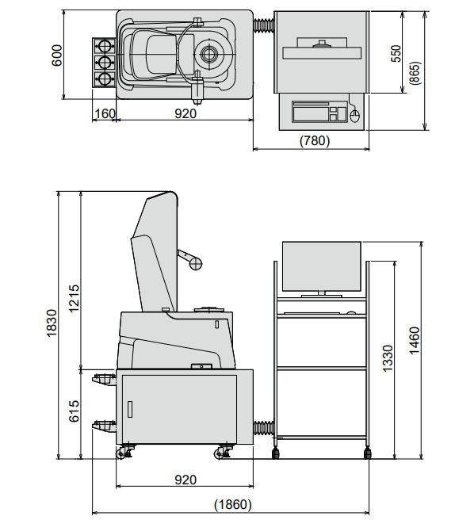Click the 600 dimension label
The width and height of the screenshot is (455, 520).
(x=57, y=55)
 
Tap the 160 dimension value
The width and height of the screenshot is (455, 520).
(x=105, y=114)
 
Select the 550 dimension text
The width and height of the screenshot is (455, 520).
(x=396, y=53)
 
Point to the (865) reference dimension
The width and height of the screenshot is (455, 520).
(x=415, y=73)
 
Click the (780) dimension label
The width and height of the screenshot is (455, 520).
(x=315, y=140)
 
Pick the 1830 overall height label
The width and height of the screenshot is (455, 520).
(x=52, y=323)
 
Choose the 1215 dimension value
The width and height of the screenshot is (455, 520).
(x=74, y=298)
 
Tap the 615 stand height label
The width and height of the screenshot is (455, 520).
(x=74, y=411)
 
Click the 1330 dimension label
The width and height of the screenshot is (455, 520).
(x=388, y=358)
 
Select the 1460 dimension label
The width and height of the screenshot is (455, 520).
(x=415, y=341)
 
